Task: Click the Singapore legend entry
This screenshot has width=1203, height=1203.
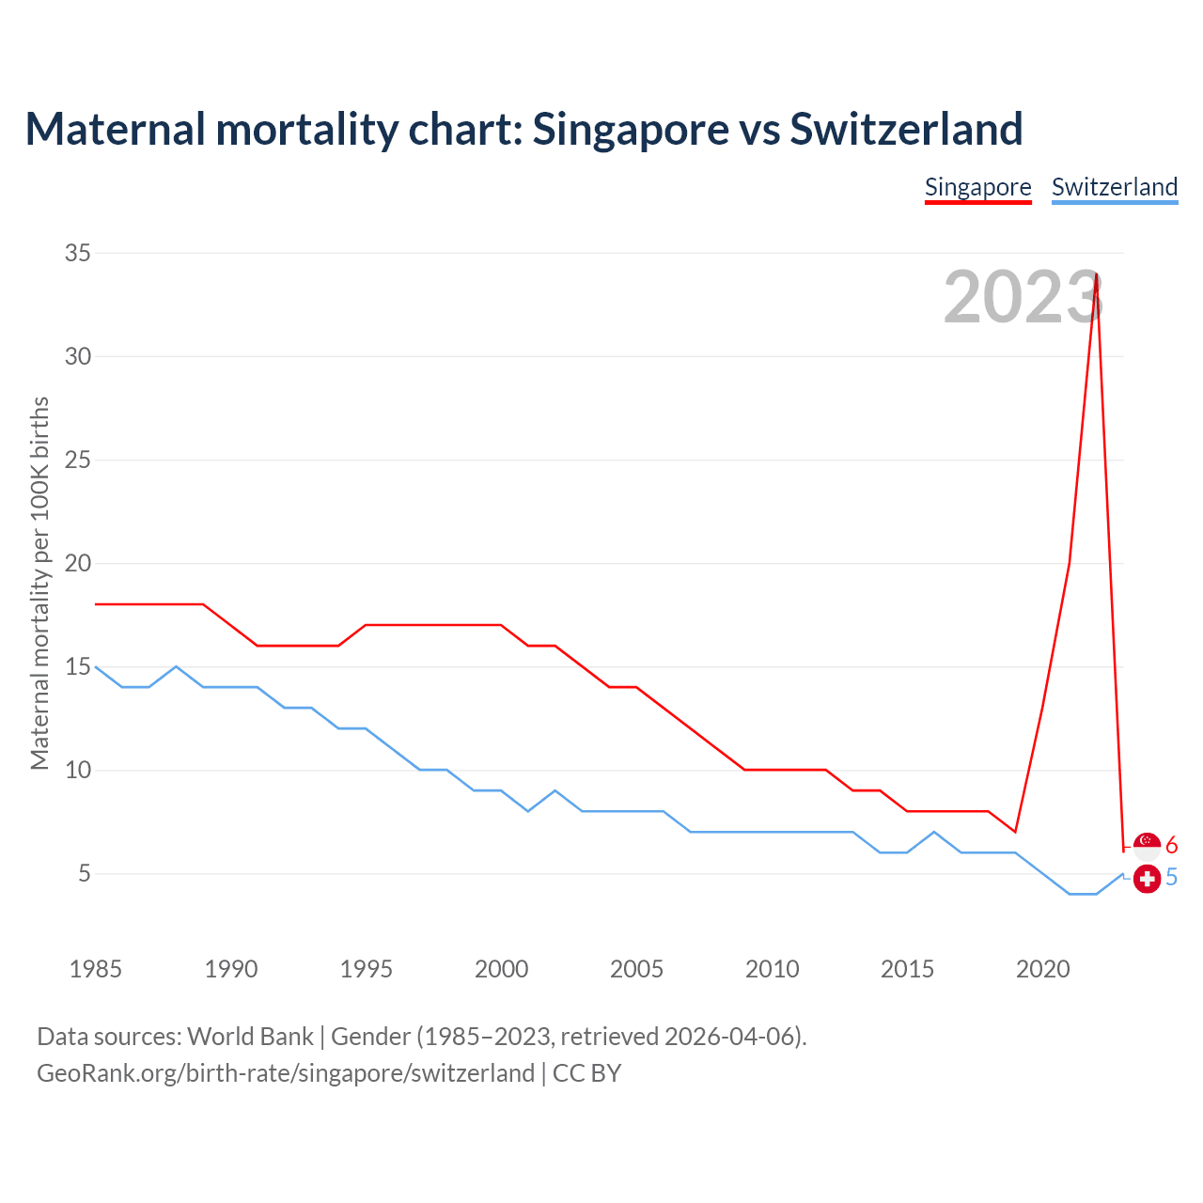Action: pyautogui.click(x=977, y=187)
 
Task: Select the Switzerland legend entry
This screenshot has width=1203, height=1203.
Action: pyautogui.click(x=1114, y=187)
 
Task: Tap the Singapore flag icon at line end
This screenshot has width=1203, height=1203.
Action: pyautogui.click(x=1147, y=843)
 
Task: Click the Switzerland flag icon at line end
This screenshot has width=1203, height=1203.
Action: pyautogui.click(x=1147, y=879)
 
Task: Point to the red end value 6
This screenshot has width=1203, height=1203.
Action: pyautogui.click(x=1172, y=845)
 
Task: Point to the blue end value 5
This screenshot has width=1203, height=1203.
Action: pyautogui.click(x=1172, y=878)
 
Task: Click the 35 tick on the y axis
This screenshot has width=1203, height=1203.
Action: pyautogui.click(x=78, y=253)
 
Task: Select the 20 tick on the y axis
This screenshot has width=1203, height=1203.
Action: pyautogui.click(x=78, y=563)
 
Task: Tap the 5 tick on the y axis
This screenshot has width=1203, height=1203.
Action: pyautogui.click(x=85, y=874)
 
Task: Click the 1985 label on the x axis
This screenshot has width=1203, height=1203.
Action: pyautogui.click(x=96, y=969)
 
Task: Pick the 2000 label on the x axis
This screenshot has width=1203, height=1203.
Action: pyautogui.click(x=501, y=969)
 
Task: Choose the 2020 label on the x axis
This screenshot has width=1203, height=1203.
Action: pyautogui.click(x=1042, y=969)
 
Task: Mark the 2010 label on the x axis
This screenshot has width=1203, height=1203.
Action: pyautogui.click(x=772, y=969)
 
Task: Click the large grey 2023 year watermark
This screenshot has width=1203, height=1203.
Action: pyautogui.click(x=1022, y=298)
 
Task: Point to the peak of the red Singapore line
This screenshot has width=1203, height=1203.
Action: pyautogui.click(x=1097, y=274)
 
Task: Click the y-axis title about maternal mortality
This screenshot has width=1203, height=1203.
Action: pyautogui.click(x=39, y=583)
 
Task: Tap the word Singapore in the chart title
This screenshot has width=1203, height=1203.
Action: pyautogui.click(x=630, y=129)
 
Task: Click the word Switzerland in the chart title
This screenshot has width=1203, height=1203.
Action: pyautogui.click(x=906, y=129)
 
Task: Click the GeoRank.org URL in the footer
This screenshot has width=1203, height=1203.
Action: pyautogui.click(x=286, y=1073)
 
